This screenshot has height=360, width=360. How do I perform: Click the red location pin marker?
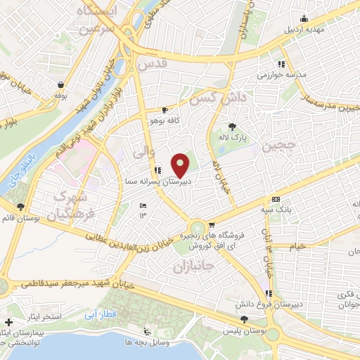[x=181, y=164]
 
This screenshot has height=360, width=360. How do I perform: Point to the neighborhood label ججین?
[x=275, y=146]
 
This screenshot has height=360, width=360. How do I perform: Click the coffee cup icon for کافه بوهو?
[x=165, y=110]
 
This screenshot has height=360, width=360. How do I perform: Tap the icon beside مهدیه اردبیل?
[x=304, y=18]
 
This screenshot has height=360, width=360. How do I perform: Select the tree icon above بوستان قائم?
[x=21, y=207]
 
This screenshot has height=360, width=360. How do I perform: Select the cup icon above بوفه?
[x=59, y=84]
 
